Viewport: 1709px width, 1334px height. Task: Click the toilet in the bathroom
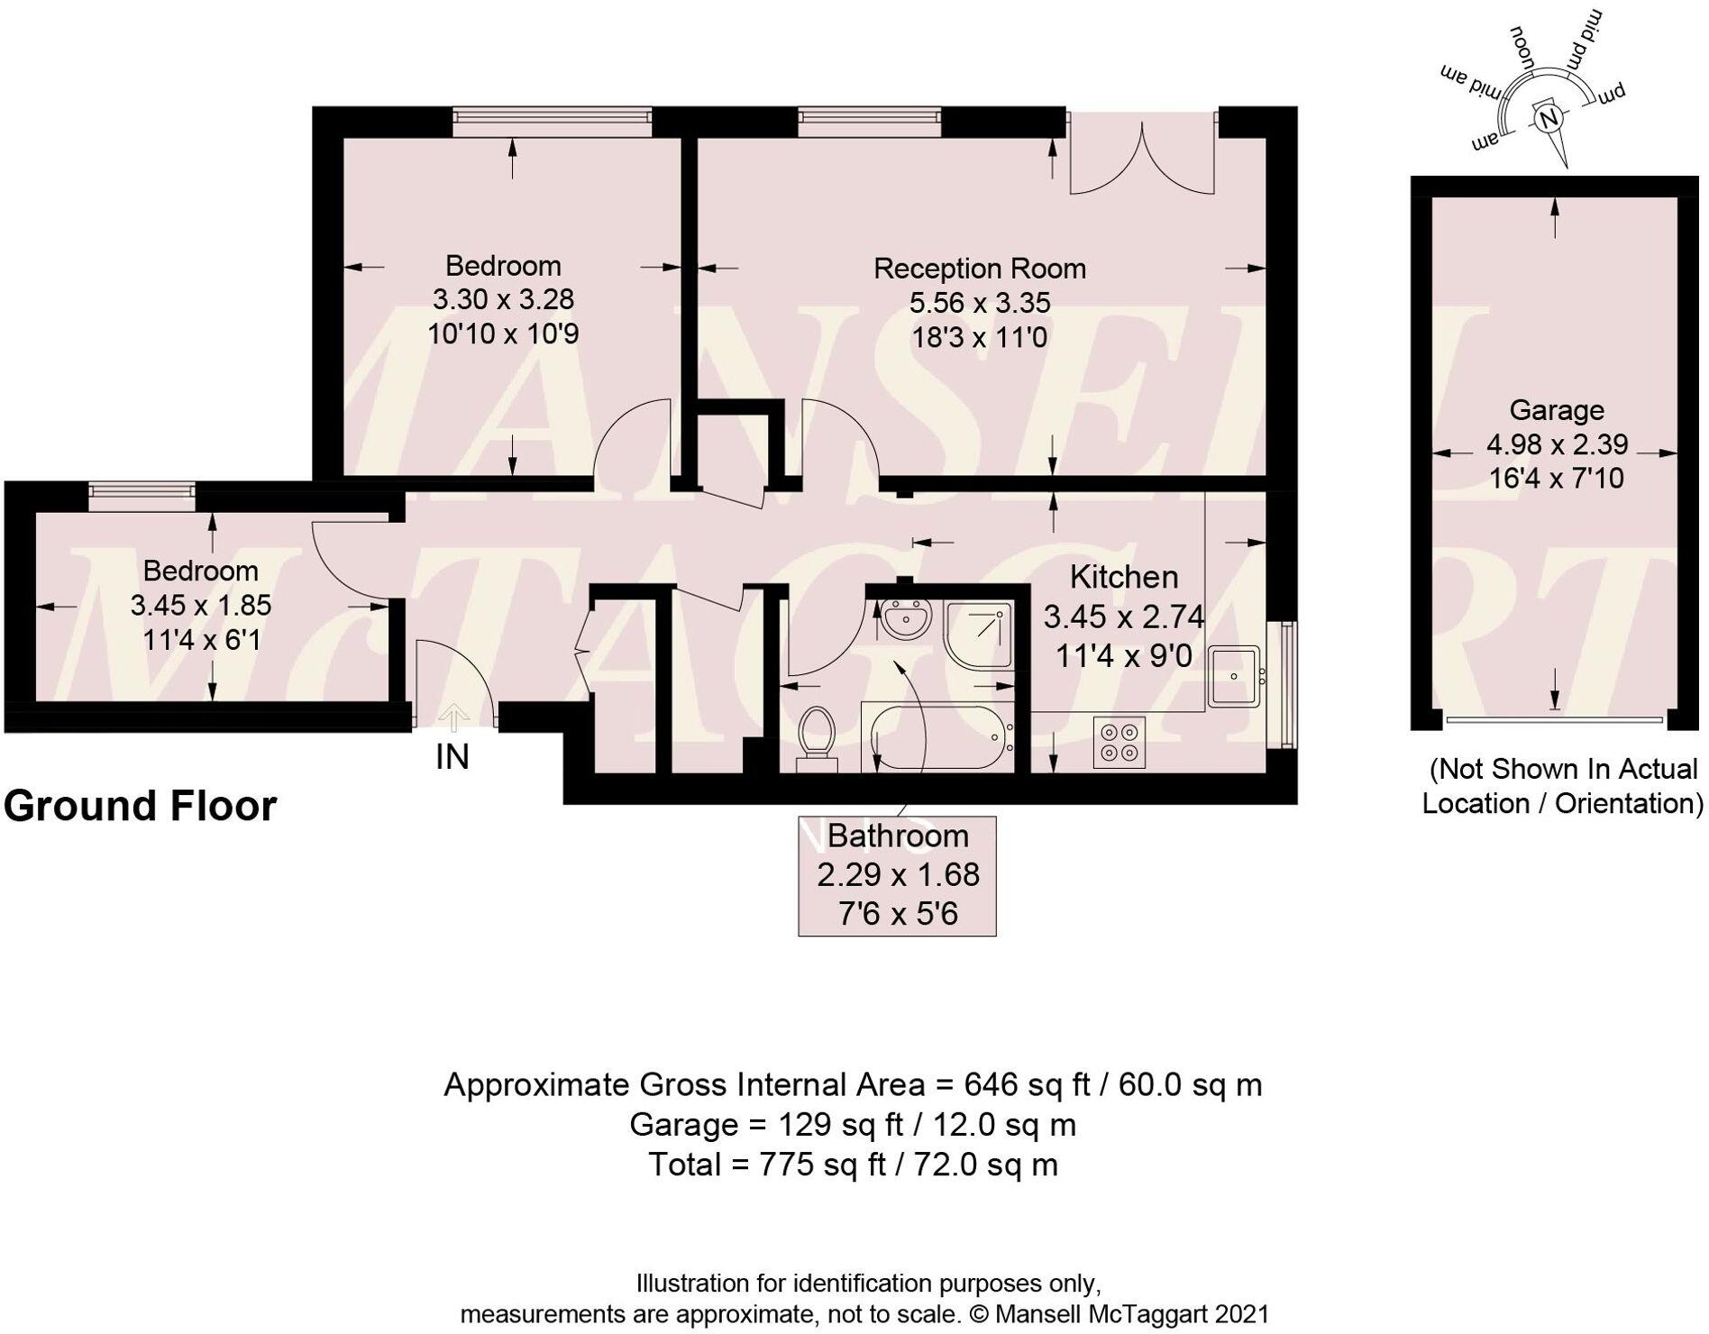pyautogui.click(x=818, y=738)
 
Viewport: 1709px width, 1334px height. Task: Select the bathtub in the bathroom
pyautogui.click(x=938, y=737)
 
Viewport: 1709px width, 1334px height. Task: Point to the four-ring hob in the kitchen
pyautogui.click(x=1120, y=742)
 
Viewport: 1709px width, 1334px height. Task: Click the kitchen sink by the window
pyautogui.click(x=1233, y=675)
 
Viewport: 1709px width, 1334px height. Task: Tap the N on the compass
pyautogui.click(x=1549, y=119)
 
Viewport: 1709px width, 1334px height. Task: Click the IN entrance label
pyautogui.click(x=452, y=757)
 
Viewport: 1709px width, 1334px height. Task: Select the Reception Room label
pyautogui.click(x=979, y=269)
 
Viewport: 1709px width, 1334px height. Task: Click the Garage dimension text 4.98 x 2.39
pyautogui.click(x=1557, y=444)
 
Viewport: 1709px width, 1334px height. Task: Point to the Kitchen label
pyautogui.click(x=1123, y=577)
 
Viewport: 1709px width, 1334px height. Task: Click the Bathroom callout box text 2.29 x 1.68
pyautogui.click(x=898, y=874)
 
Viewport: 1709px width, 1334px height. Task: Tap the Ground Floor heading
pyautogui.click(x=140, y=806)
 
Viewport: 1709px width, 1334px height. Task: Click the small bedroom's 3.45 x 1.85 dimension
pyautogui.click(x=200, y=605)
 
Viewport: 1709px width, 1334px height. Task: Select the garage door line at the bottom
pyautogui.click(x=1553, y=719)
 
